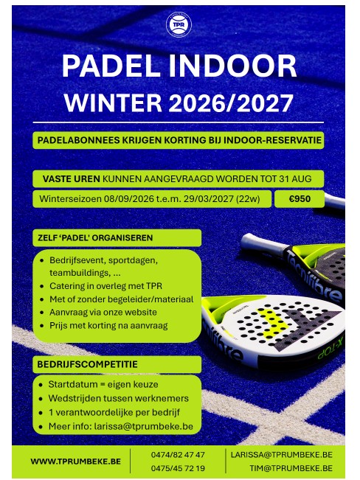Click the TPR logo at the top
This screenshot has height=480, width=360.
[x=179, y=24]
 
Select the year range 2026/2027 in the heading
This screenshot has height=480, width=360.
[x=231, y=103]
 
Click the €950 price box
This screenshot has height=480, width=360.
[x=300, y=199]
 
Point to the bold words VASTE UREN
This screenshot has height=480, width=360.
[x=71, y=178]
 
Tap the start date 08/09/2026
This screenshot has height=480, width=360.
[x=128, y=199]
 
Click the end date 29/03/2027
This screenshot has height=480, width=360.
[x=209, y=199]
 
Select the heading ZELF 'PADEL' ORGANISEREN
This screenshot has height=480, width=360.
[x=95, y=238]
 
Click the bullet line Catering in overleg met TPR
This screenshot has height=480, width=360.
[x=105, y=286]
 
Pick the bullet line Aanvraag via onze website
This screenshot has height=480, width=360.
[x=103, y=312]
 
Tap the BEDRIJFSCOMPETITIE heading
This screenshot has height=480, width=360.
[x=87, y=364]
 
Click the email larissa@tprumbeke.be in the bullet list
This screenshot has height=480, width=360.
[x=143, y=426]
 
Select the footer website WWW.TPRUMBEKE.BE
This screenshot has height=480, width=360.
[x=76, y=462]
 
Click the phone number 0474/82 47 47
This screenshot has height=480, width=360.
[x=178, y=455]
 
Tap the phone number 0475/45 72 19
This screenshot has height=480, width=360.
[x=178, y=468]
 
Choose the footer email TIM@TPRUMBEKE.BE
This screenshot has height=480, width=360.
[x=291, y=468]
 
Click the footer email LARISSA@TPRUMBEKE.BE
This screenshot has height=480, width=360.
[x=282, y=455]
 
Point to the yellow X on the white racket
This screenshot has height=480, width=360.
[x=273, y=323]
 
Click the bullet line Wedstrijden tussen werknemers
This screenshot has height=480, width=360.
[x=118, y=398]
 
